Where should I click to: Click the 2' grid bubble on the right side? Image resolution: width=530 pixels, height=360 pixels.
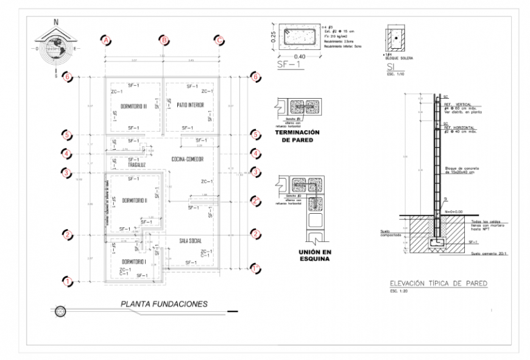(256, 199)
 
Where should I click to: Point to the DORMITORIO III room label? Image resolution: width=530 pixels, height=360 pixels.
(133, 105)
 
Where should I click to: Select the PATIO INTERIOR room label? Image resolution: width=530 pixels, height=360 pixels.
(190, 105)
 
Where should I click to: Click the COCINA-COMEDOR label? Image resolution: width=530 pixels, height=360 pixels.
(187, 159)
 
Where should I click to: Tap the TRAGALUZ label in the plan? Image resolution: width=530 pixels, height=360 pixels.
(136, 164)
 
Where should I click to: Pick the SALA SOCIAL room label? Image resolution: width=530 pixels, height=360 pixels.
(190, 241)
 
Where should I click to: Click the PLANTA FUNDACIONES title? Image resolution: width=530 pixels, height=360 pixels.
(164, 303)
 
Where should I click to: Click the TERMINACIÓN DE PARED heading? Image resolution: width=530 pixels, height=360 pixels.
(298, 136)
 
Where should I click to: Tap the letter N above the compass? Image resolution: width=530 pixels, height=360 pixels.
(56, 21)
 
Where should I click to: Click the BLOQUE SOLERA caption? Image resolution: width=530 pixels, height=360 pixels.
(400, 58)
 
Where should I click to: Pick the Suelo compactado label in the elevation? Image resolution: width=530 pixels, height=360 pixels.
(390, 234)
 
